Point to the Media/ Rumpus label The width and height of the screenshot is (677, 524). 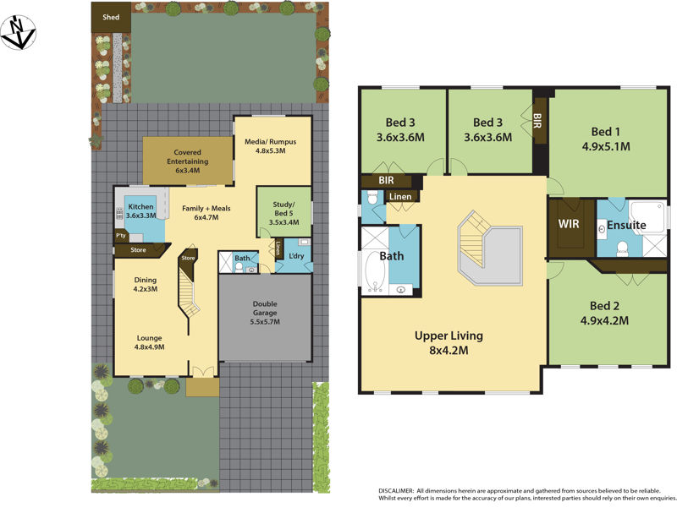pyautogui.click(x=272, y=145)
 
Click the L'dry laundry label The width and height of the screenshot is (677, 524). pyautogui.click(x=295, y=256)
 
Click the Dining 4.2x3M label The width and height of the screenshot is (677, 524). pyautogui.click(x=146, y=286)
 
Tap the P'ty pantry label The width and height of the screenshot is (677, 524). pyautogui.click(x=121, y=237)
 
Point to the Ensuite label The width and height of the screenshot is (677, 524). pyautogui.click(x=626, y=226)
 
